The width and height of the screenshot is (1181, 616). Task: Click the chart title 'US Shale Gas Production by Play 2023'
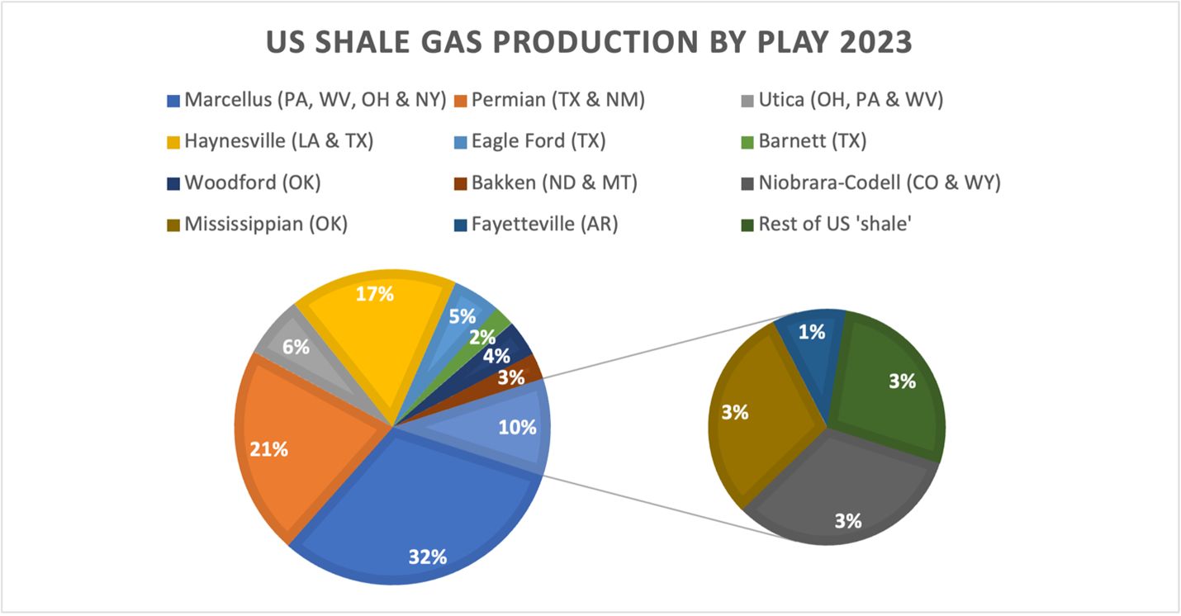tap(589, 41)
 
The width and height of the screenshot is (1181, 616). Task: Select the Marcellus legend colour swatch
tap(173, 101)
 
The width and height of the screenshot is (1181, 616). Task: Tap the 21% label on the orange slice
tap(269, 449)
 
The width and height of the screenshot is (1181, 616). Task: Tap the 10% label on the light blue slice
tap(519, 427)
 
